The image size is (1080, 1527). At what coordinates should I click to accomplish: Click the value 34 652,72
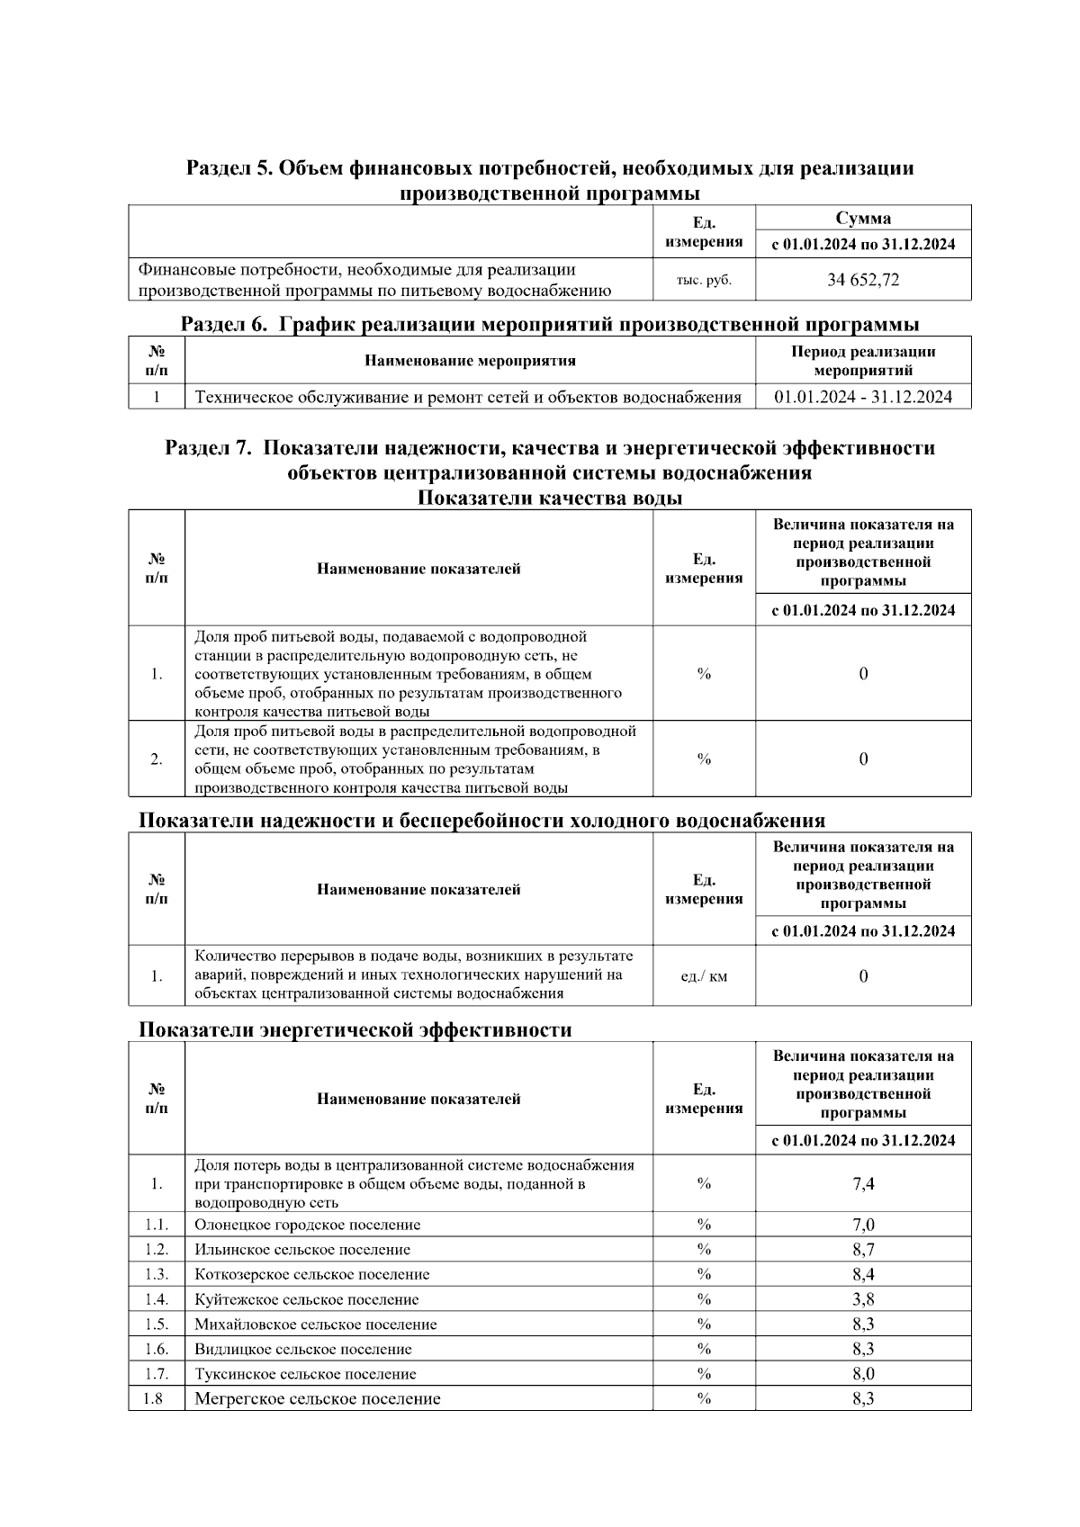pos(862,280)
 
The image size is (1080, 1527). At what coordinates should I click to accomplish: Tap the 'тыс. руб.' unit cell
pos(704,280)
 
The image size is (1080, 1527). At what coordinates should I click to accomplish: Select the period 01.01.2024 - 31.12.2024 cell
pos(862,397)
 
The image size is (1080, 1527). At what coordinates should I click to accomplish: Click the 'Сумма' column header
pos(862,218)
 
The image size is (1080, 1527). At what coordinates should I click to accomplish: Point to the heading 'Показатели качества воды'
pos(549,498)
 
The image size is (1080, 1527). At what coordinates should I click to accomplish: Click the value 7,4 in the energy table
pos(862,1183)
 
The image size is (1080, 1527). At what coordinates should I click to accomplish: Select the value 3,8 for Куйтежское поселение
pos(862,1299)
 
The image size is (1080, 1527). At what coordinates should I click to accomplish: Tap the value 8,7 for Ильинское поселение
pos(862,1249)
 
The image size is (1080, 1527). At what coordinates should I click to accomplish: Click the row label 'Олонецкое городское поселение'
pos(307,1225)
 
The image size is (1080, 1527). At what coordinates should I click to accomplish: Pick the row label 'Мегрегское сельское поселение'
pos(317,1398)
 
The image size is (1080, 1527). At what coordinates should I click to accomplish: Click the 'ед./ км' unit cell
pos(704,975)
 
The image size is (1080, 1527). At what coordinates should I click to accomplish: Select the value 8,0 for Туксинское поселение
pos(862,1374)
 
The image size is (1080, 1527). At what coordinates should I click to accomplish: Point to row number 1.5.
pos(157,1325)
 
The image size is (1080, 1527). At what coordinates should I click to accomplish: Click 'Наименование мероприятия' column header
pos(470,361)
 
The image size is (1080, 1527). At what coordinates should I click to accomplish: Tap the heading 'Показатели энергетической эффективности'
pos(355,1029)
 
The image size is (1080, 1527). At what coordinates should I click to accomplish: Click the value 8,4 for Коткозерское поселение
pos(862,1274)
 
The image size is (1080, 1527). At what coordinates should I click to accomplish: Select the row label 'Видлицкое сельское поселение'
pos(302,1349)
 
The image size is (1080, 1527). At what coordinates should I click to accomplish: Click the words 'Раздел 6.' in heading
pos(224,324)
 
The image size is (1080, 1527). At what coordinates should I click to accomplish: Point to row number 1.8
pos(153,1398)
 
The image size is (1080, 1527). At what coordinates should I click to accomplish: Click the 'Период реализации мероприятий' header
pos(862,361)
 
